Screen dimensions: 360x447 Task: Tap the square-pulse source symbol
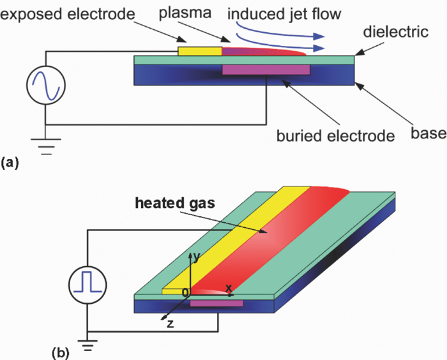[x=87, y=283]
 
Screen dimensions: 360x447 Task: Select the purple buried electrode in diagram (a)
[x=265, y=69]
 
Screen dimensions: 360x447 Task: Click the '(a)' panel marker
[x=11, y=163]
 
